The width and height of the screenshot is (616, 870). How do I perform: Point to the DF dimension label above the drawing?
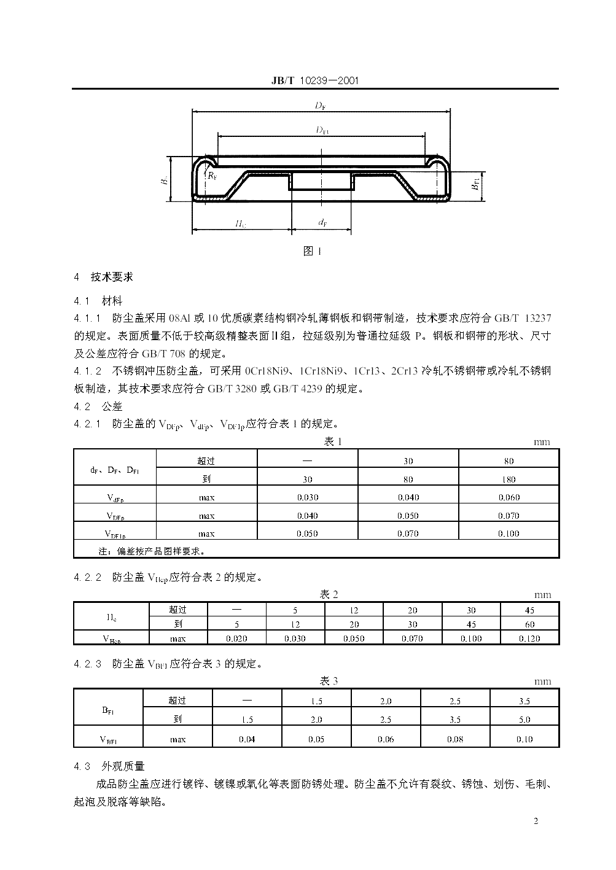(320, 106)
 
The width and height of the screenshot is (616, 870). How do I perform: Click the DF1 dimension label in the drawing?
(322, 130)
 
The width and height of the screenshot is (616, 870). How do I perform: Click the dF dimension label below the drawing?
(322, 223)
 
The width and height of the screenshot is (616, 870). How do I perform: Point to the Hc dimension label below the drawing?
(241, 224)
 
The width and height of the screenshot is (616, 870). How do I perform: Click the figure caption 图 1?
(313, 251)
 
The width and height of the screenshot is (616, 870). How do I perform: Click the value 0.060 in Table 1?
(509, 497)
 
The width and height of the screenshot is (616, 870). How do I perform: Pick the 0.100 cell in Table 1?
(509, 534)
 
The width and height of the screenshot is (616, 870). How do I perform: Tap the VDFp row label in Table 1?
(115, 516)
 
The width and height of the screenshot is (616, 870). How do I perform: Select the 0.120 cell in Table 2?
(529, 639)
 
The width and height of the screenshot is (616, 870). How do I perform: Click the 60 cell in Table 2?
(529, 624)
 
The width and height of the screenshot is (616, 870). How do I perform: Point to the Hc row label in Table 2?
(111, 616)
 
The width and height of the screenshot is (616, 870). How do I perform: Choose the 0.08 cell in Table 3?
(455, 739)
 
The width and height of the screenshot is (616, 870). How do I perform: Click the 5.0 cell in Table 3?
(524, 720)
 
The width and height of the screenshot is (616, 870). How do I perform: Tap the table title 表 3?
(329, 681)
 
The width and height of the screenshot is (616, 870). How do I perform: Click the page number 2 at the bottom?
(536, 821)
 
